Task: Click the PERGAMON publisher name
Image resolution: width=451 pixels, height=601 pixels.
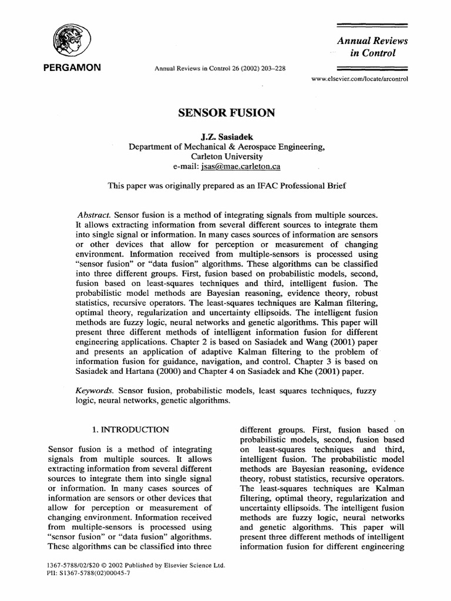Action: [x=73, y=68]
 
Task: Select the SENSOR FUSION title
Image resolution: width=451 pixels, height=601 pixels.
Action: [x=225, y=113]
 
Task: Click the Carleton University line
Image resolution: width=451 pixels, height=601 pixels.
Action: [x=225, y=157]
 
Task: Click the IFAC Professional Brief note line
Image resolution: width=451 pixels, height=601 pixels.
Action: [x=225, y=186]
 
